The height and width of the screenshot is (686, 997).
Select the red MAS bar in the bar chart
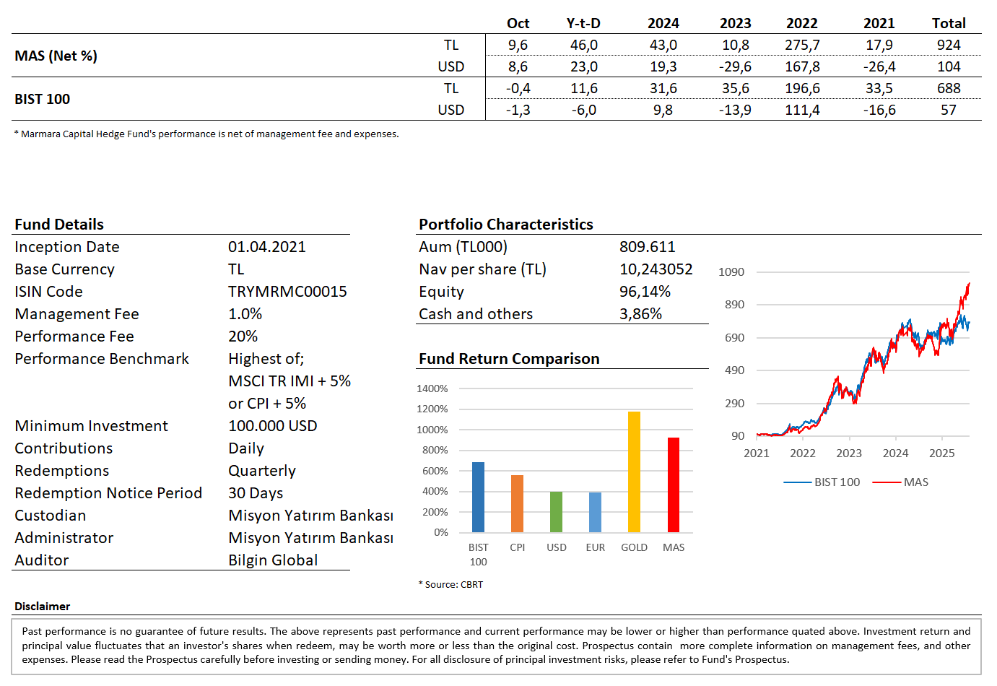(x=673, y=485)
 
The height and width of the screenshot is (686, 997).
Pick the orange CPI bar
(x=517, y=503)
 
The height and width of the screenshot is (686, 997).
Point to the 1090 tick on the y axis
(x=731, y=272)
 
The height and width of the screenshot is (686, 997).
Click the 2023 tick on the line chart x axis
(x=849, y=453)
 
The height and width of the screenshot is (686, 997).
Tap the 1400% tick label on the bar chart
(x=432, y=388)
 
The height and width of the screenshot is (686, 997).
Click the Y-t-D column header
(x=583, y=23)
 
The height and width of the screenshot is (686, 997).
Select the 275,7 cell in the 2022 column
(x=802, y=45)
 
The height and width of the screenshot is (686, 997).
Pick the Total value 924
(x=948, y=45)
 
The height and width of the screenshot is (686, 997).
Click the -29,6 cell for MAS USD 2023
(x=735, y=66)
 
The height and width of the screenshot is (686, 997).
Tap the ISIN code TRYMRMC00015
(x=287, y=292)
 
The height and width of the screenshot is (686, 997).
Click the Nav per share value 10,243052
(x=656, y=269)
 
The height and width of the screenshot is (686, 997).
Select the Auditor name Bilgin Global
(x=273, y=560)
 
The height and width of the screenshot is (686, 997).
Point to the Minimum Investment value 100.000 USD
(x=273, y=426)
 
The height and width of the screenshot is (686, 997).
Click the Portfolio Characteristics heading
(x=505, y=225)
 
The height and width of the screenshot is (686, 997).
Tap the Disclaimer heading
(x=42, y=607)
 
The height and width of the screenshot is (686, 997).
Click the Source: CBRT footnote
(x=453, y=585)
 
